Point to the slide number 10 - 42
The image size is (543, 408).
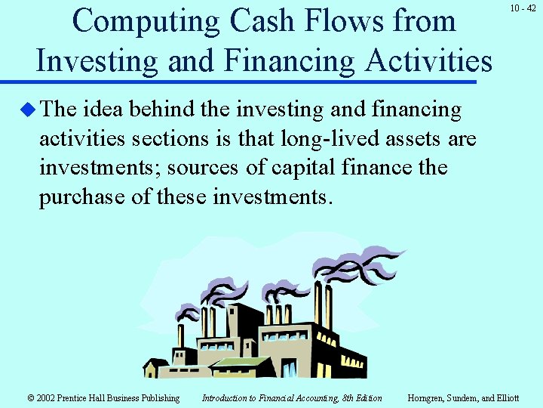(523, 8)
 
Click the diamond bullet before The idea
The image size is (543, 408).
(27, 110)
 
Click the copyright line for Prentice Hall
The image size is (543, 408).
(103, 398)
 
